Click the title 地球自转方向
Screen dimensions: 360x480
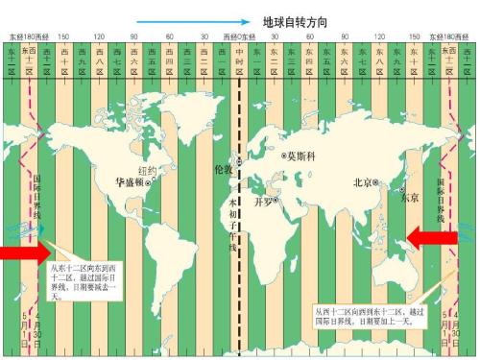(297, 19)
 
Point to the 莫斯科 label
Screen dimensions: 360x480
(300, 155)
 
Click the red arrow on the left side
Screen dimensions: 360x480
(21, 252)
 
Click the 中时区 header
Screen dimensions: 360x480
(240, 57)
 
